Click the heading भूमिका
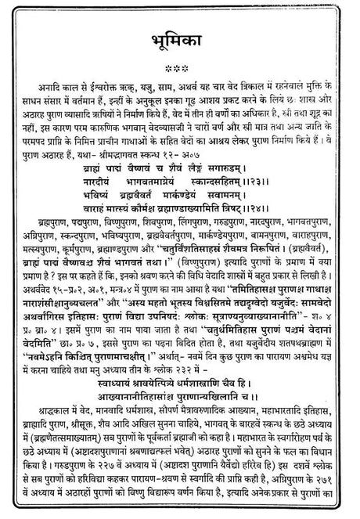pos(179,44)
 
